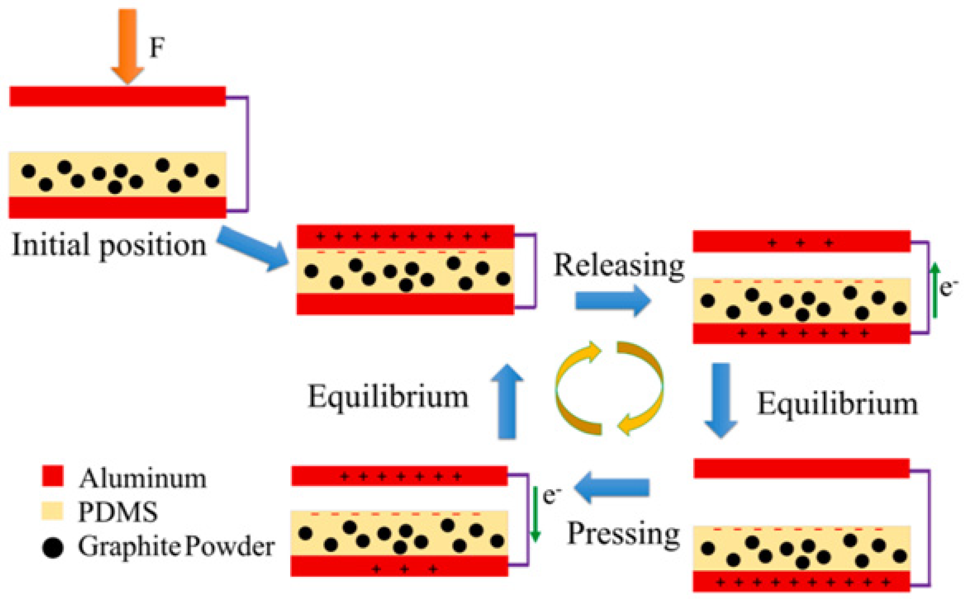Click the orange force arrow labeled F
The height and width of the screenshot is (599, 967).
coord(127,46)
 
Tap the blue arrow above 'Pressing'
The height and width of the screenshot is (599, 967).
coord(612,487)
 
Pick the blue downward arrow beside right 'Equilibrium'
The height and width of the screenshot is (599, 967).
coord(721,400)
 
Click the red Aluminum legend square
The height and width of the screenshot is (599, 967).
coord(53,475)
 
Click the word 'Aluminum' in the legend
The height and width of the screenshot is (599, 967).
coord(143,479)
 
